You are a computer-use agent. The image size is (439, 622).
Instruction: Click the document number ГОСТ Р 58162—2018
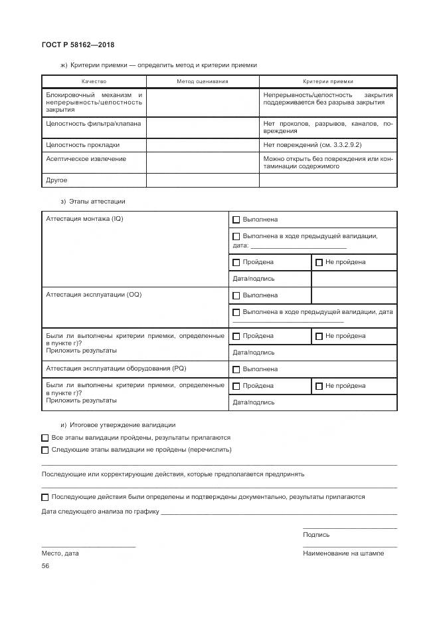tap(78, 45)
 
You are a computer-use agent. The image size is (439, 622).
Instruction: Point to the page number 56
tap(46, 566)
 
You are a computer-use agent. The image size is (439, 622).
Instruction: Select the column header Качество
tap(94, 81)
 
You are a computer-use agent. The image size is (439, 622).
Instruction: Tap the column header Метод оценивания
tap(202, 81)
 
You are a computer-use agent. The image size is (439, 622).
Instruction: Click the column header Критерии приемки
tap(328, 81)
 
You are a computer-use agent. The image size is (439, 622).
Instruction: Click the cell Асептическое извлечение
tap(86, 159)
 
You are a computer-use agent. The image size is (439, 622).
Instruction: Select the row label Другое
tap(56, 180)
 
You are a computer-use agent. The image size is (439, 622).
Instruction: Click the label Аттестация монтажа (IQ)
tap(84, 219)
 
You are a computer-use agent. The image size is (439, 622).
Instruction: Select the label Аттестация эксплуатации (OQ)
tap(94, 295)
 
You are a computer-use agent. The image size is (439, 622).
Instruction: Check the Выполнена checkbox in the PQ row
tap(236, 369)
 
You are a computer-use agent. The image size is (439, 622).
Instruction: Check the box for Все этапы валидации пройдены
tap(45, 438)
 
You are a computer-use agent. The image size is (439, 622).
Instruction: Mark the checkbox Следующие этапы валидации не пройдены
tap(45, 450)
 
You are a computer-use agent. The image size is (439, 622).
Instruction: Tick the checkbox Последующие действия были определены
tap(45, 497)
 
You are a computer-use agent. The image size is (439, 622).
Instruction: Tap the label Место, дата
tap(60, 553)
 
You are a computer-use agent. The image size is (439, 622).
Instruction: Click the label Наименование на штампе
tap(343, 553)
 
